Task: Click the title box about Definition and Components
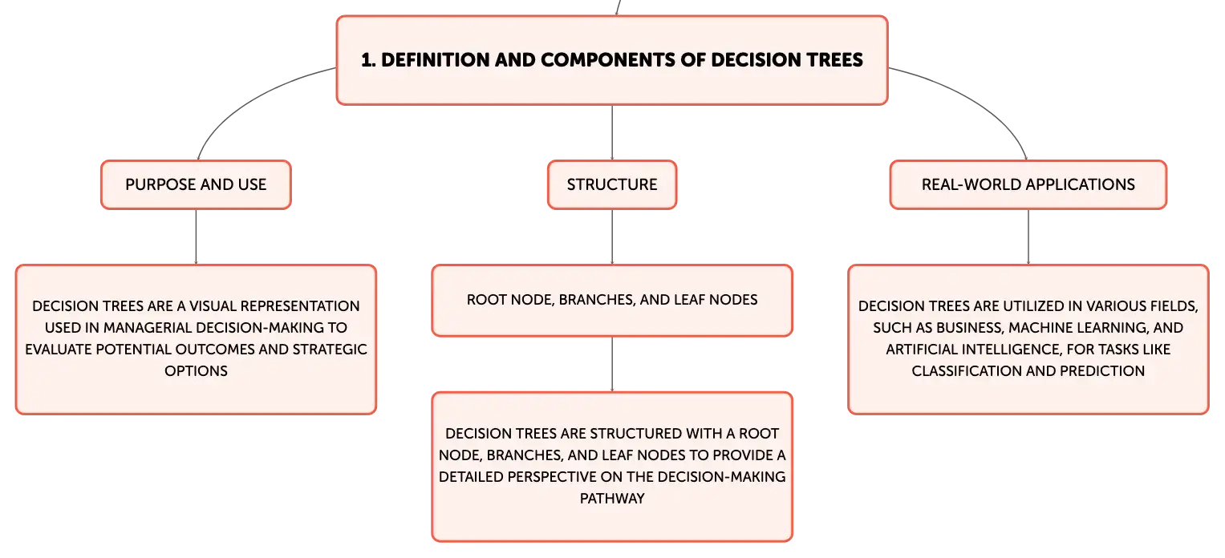pyautogui.click(x=612, y=60)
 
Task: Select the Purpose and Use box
pyautogui.click(x=196, y=184)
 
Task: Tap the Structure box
pyautogui.click(x=612, y=184)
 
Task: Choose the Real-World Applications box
pyautogui.click(x=1028, y=184)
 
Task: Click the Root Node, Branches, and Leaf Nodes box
pyautogui.click(x=612, y=301)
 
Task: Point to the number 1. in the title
pyautogui.click(x=368, y=60)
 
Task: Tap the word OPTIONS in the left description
pyautogui.click(x=196, y=371)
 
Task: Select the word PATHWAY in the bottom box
pyautogui.click(x=612, y=499)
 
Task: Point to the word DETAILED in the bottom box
pyautogui.click(x=471, y=476)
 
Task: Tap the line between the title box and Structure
pyautogui.click(x=612, y=133)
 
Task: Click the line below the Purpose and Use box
pyautogui.click(x=196, y=237)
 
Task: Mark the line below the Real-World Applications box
pyautogui.click(x=1028, y=237)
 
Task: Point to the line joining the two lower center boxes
pyautogui.click(x=612, y=365)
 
